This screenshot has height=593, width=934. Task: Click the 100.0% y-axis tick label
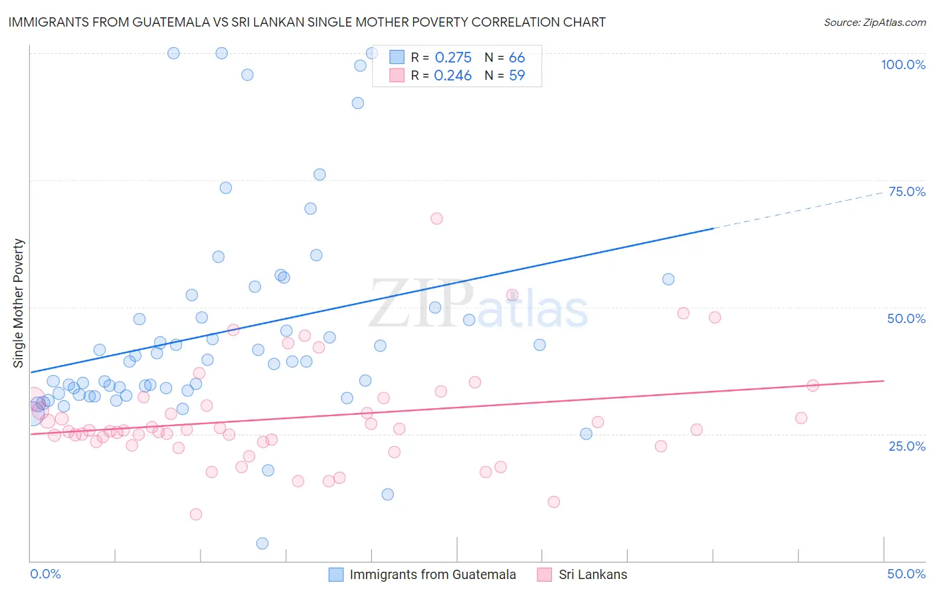coord(903,64)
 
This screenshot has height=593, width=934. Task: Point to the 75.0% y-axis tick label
coord(907,191)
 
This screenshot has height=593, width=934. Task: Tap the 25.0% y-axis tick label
coord(907,445)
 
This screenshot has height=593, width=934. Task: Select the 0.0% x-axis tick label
coord(45,574)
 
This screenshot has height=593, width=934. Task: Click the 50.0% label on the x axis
coord(906,574)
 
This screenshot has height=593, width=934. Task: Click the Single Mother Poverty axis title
coord(19,303)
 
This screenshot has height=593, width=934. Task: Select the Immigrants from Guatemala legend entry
coord(432,574)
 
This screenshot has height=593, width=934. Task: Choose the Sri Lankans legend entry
coord(593,574)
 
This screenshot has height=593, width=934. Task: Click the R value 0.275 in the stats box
coord(453,58)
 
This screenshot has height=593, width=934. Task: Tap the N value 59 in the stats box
coord(517,76)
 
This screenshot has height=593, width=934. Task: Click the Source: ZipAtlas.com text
coord(874,22)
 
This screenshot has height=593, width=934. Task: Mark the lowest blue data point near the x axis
coord(262,543)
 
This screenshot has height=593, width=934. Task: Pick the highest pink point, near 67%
coord(436,219)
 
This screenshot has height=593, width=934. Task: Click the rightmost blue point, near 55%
coord(668,279)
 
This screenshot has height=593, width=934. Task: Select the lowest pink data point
coord(196,514)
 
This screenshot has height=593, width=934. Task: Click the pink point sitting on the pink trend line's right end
coord(812,386)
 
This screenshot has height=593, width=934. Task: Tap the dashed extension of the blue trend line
coord(797,209)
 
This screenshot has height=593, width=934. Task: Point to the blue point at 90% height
coord(357,103)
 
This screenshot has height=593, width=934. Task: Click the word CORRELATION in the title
coord(516,22)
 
